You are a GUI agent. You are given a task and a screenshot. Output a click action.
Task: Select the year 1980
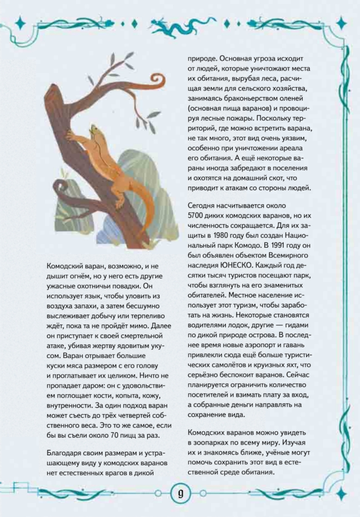point(221,236)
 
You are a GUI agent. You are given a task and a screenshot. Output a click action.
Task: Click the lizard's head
point(95,130)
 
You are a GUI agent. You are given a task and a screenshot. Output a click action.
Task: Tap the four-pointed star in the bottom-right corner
point(341,493)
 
